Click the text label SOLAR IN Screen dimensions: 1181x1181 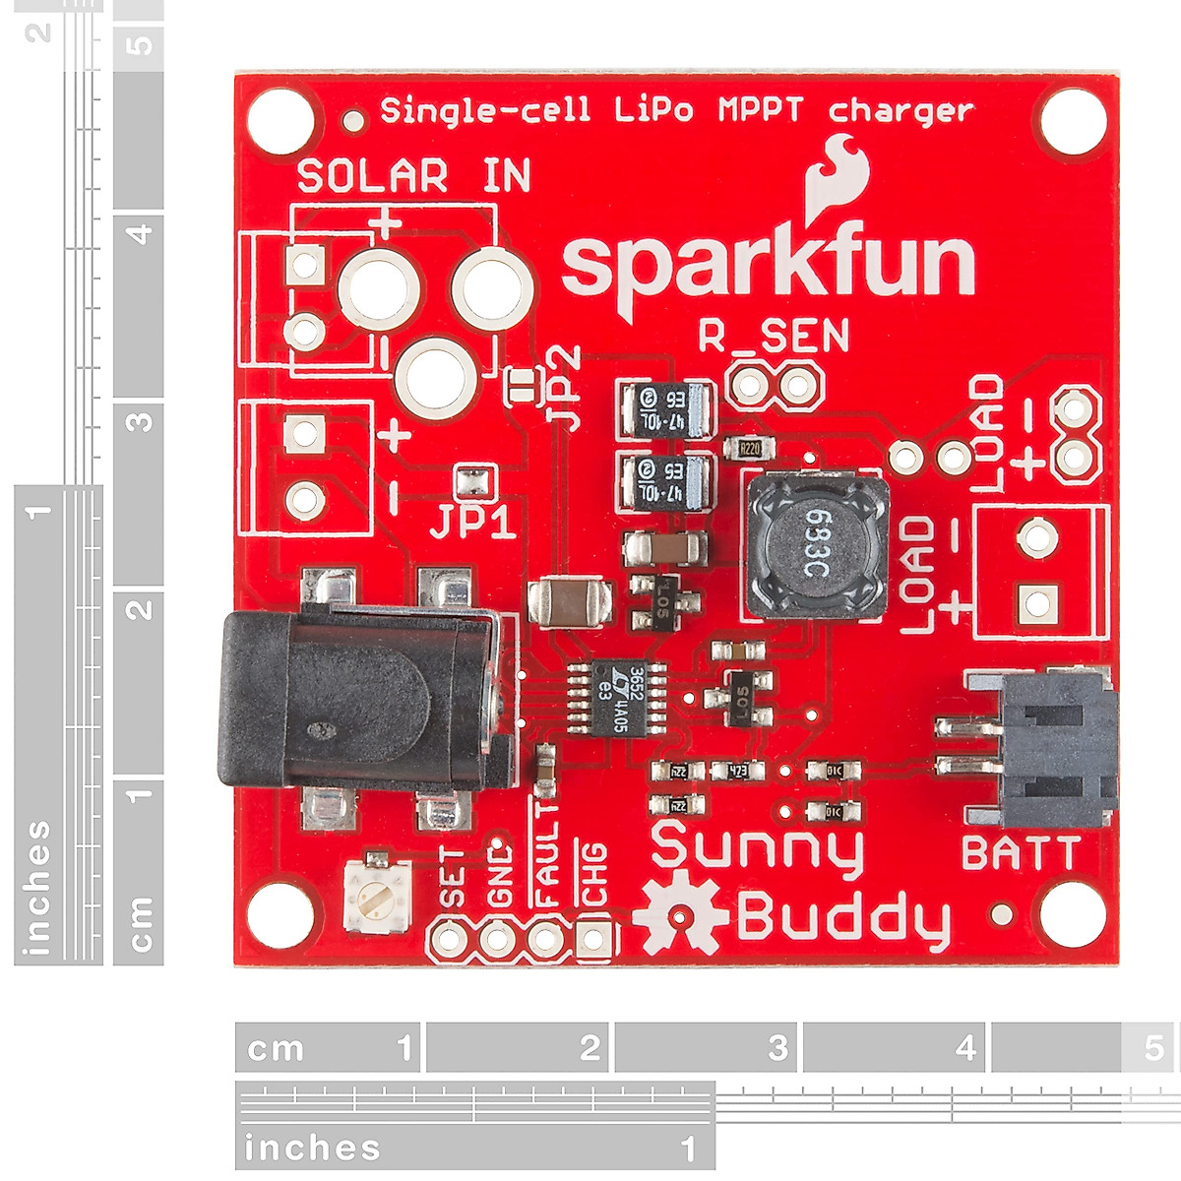(413, 177)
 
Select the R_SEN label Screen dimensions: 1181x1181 (773, 337)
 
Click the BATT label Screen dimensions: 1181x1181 (1020, 853)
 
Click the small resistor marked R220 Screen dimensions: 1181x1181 (750, 449)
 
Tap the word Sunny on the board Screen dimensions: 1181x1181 (757, 849)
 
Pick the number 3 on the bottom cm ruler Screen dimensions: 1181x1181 (777, 1048)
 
